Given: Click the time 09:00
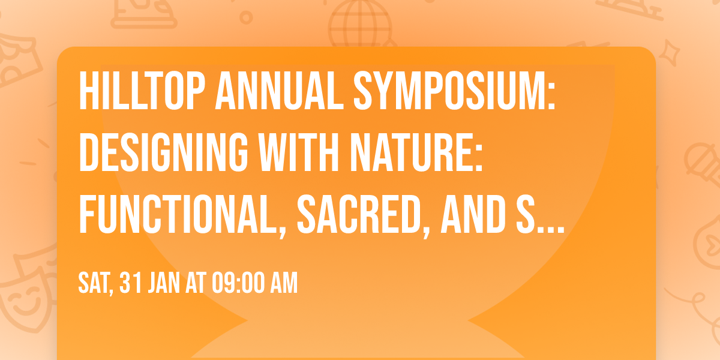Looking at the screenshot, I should pyautogui.click(x=233, y=283).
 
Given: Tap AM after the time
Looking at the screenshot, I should pyautogui.click(x=283, y=283).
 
